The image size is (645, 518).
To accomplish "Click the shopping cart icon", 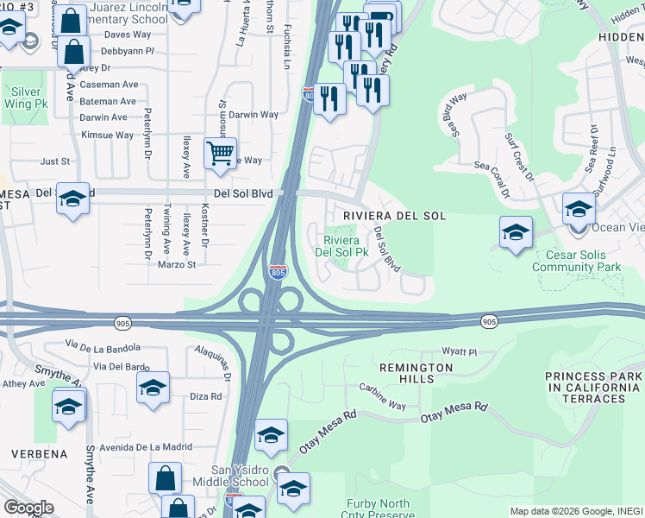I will tap(221, 153).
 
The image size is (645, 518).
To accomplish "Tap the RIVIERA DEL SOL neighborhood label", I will tap(394, 216).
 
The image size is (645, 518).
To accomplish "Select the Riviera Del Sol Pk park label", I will tap(341, 246).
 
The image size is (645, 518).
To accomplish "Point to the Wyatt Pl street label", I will tap(459, 352).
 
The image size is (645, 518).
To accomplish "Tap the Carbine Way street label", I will tap(382, 398).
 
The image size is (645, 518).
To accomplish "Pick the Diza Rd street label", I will tap(205, 397).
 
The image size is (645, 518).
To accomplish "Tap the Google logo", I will tap(28, 508).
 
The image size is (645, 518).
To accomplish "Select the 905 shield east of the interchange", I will tap(489, 322).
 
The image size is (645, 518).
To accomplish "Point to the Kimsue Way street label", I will tap(107, 136).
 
